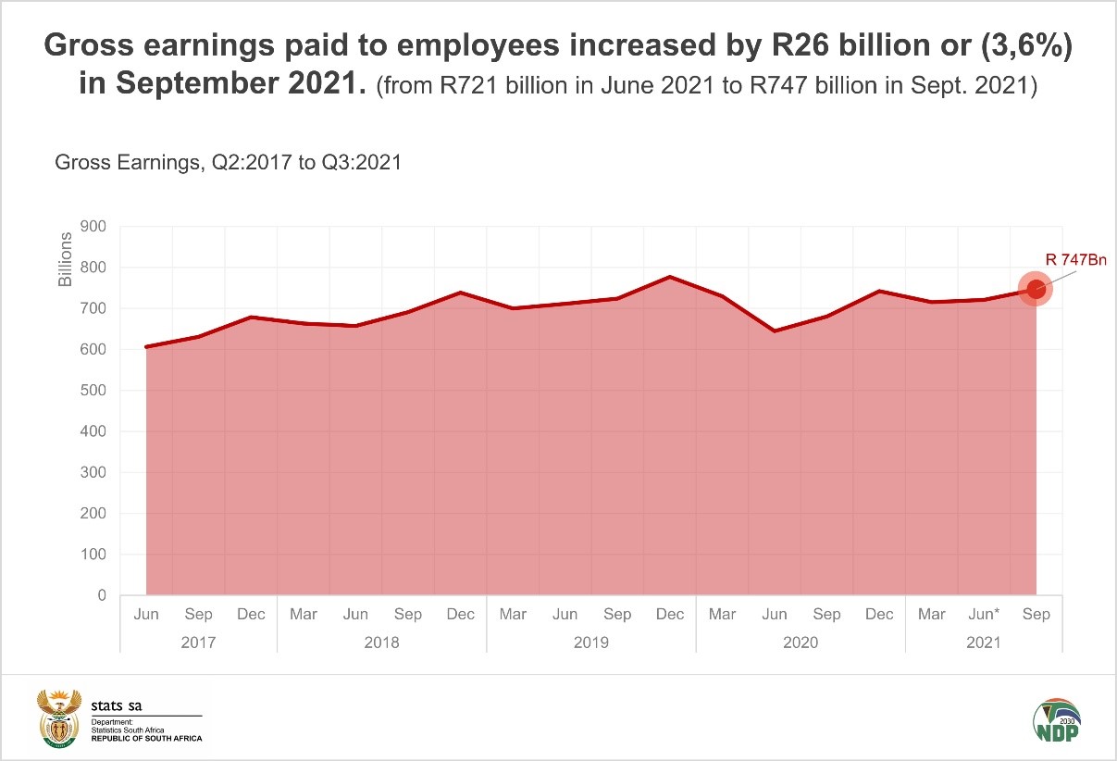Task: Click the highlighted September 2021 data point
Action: coord(1036,289)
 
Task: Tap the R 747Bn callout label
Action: coord(1075,260)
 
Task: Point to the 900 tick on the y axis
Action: coord(95,227)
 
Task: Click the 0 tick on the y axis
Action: coord(102,595)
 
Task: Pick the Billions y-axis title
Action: coord(66,259)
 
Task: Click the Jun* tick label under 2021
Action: coord(983,615)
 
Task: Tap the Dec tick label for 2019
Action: coord(669,615)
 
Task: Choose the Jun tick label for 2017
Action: coord(146,615)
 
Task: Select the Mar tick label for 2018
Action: coord(304,615)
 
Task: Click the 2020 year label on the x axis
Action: coord(800,642)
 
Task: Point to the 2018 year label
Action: coord(381,642)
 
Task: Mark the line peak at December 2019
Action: coord(669,277)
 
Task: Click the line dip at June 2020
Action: coord(774,331)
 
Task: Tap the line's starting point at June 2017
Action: coord(146,346)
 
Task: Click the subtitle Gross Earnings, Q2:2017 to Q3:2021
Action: coord(228,163)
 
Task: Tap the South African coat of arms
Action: coord(57,718)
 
